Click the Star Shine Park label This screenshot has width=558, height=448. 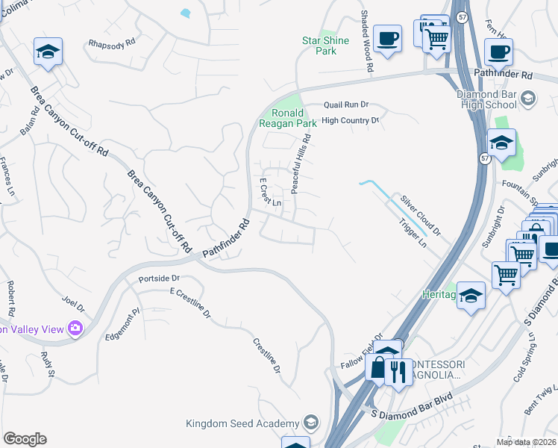pos(319,46)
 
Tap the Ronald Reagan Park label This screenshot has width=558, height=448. pos(286,118)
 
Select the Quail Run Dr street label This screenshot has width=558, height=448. pos(346,106)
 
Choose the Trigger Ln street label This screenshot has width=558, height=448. pos(413,234)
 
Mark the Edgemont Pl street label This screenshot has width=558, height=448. pos(124,324)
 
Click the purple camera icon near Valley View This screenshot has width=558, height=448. pos(75,328)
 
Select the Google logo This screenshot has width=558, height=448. pos(25,439)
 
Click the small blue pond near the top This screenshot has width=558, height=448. pos(185,13)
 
